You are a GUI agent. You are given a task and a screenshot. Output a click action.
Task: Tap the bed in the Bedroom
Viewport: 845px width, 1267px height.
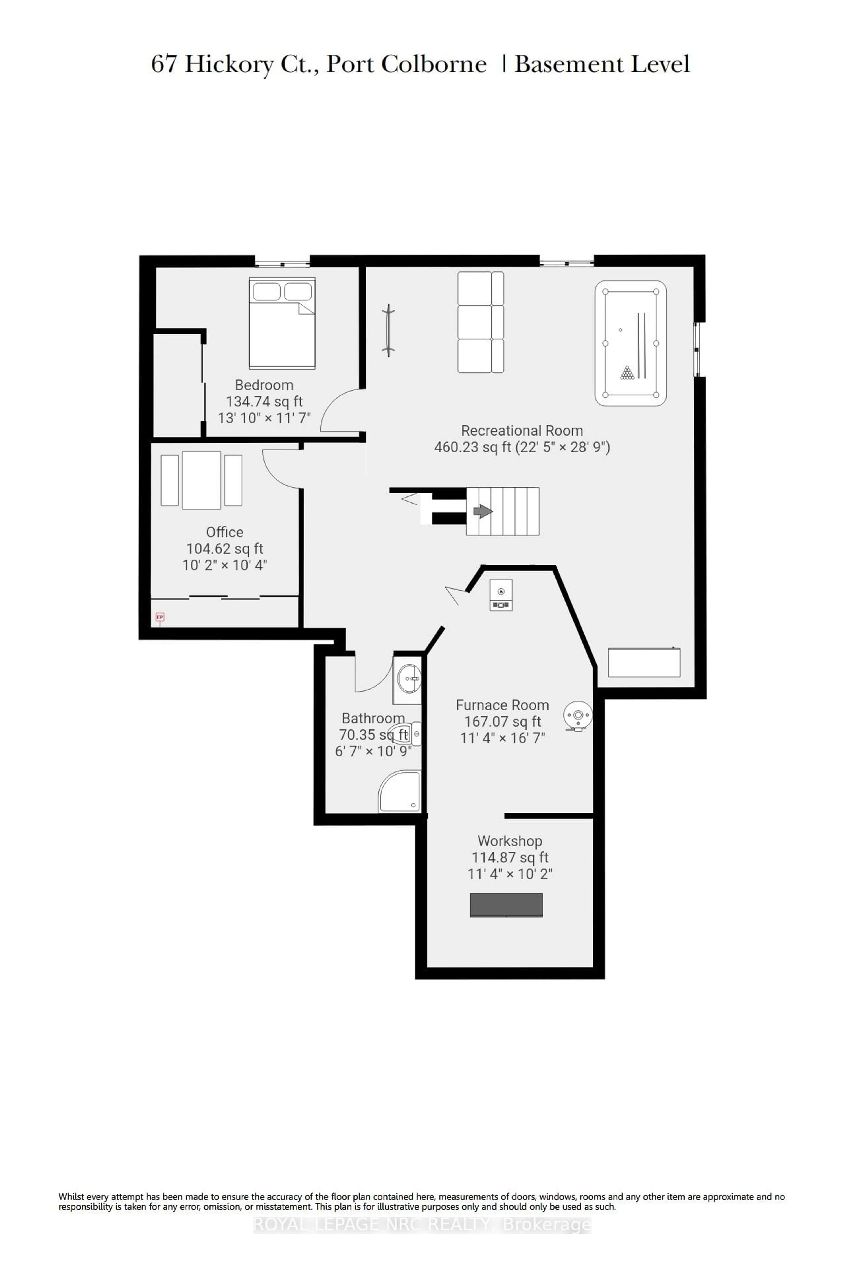tap(282, 323)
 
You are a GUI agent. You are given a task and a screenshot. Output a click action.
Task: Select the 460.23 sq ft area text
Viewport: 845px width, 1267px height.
tap(472, 447)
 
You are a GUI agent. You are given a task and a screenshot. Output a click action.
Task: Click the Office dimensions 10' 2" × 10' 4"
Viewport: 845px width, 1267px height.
tap(225, 565)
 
